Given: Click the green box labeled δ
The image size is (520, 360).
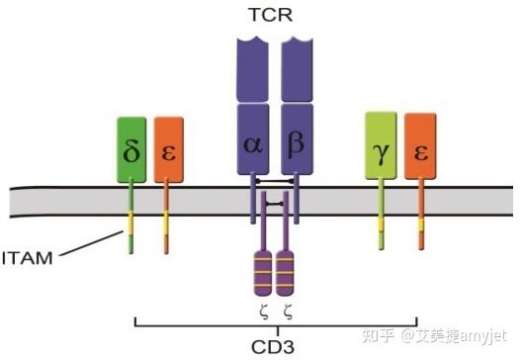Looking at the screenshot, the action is [x=131, y=150].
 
